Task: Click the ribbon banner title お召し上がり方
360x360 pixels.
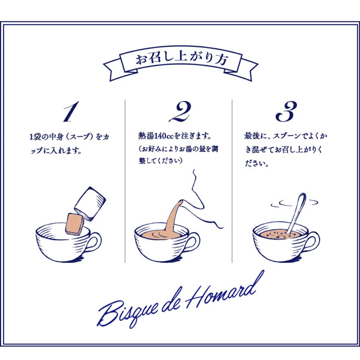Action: click(x=181, y=59)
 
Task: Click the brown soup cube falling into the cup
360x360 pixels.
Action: click(x=75, y=224)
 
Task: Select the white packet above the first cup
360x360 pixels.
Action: click(x=90, y=203)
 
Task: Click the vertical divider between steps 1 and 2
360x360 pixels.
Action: click(x=125, y=181)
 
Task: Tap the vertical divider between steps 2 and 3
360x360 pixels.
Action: click(x=232, y=181)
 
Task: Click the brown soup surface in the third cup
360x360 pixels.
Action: click(x=280, y=234)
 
